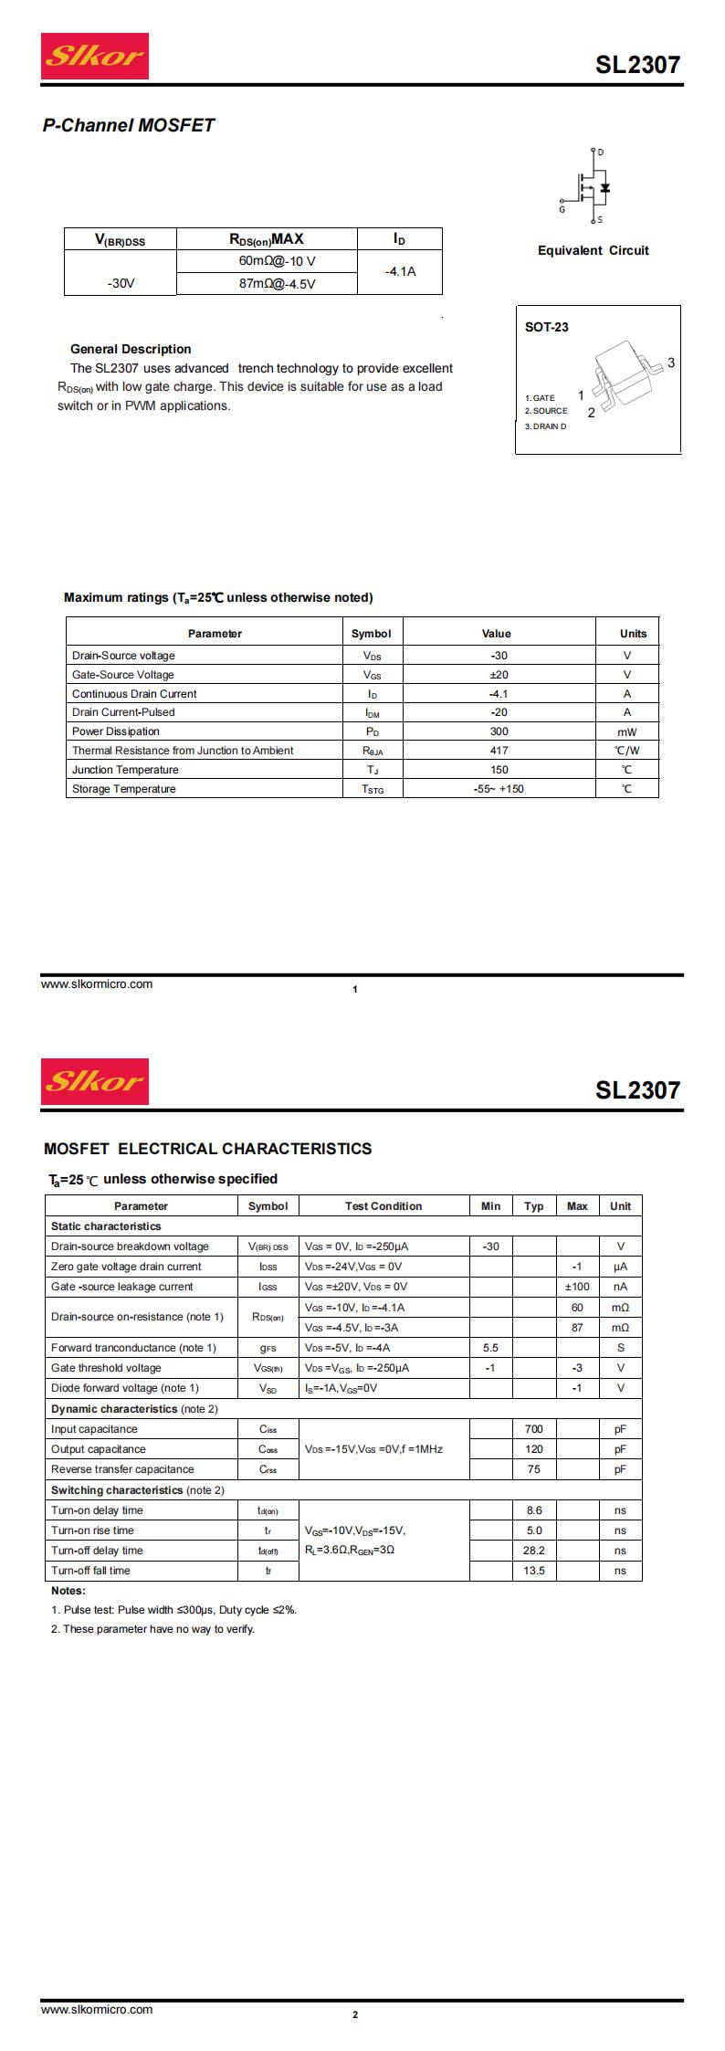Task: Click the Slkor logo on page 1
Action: click(94, 57)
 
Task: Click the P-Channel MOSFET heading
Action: click(129, 125)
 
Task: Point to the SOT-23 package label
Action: click(546, 327)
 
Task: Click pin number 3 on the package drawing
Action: click(671, 363)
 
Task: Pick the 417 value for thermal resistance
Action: click(499, 751)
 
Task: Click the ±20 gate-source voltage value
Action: click(499, 675)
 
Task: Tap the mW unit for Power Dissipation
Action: click(626, 731)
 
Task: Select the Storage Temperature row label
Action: click(124, 789)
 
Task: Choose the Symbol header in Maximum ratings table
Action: click(371, 634)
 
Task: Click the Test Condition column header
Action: click(384, 1206)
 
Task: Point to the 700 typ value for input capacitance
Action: click(534, 1429)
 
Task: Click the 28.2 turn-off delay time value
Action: click(534, 1551)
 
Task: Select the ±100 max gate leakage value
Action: click(577, 1287)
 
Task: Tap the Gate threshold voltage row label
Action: click(106, 1368)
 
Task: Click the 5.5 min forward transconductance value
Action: click(490, 1348)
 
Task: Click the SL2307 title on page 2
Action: click(637, 1089)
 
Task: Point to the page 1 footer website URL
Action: click(97, 984)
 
